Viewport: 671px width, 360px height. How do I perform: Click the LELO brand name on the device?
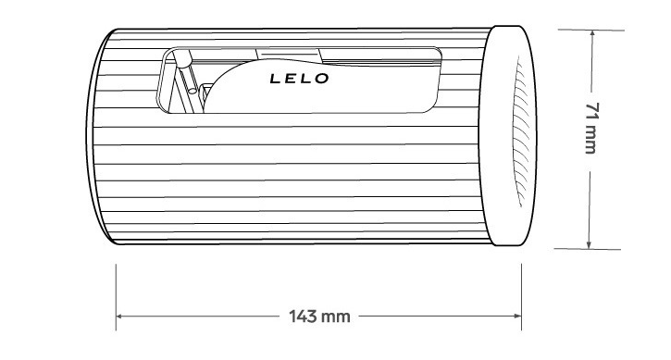[299, 79]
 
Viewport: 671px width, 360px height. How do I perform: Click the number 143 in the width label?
[302, 317]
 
